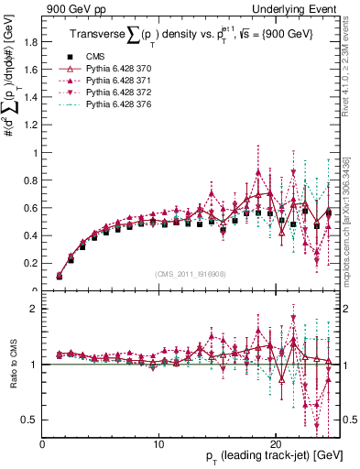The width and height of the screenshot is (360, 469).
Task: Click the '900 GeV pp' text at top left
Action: (x=73, y=8)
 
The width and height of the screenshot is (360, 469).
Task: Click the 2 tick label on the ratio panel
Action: (x=34, y=310)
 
